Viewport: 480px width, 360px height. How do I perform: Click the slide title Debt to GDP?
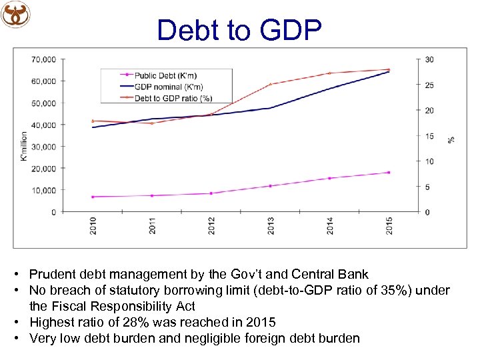click(x=239, y=30)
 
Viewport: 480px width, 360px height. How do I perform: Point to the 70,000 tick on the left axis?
click(x=44, y=59)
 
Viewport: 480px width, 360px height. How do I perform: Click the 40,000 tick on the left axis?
click(x=44, y=125)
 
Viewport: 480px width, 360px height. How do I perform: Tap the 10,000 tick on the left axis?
click(x=44, y=190)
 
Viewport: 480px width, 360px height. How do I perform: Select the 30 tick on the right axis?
click(x=429, y=59)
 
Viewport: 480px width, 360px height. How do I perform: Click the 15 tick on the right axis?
click(x=429, y=136)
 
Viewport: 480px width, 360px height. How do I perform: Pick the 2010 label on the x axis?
click(x=93, y=225)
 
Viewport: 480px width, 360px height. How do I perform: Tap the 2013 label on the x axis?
click(x=271, y=225)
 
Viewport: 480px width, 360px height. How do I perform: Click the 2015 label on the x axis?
click(x=389, y=225)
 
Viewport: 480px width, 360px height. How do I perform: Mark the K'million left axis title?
click(x=24, y=145)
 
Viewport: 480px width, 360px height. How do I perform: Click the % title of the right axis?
click(x=451, y=139)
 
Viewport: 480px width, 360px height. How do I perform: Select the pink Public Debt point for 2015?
click(x=389, y=173)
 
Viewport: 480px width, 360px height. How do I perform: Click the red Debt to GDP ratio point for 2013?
click(x=271, y=84)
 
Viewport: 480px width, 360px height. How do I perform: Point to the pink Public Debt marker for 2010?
click(x=93, y=197)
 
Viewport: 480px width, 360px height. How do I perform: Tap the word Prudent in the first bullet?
click(x=51, y=274)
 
